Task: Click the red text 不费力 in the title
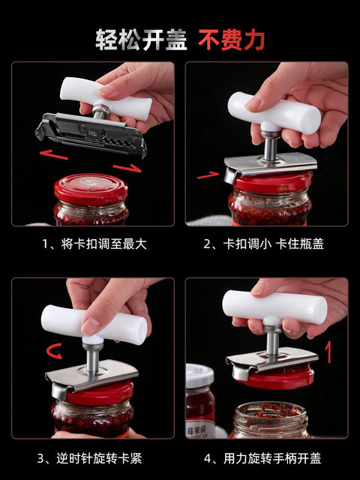coord(232,40)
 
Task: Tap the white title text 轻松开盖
coord(141,40)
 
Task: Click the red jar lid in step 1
coord(91,189)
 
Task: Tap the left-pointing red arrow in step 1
coord(53,154)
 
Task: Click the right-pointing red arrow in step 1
coord(127,168)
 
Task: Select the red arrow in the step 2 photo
coord(208,175)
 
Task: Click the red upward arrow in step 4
coord(328,352)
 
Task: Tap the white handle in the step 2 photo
coord(274,112)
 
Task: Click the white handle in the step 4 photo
coord(274,307)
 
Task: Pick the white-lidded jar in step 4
coord(200,400)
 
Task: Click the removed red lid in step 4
coord(280,377)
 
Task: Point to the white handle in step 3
coord(94,324)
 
